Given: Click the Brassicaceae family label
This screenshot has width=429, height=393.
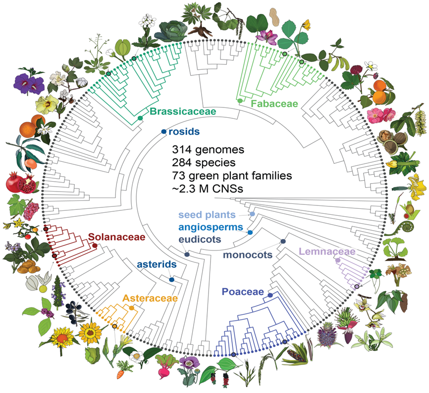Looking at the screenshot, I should [183, 112].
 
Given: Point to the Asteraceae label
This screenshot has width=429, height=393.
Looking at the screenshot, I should [147, 298].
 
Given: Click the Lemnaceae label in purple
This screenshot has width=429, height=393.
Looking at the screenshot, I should [327, 252].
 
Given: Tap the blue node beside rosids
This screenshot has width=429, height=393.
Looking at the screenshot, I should [164, 132].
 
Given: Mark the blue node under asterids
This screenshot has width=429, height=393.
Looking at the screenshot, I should [171, 280].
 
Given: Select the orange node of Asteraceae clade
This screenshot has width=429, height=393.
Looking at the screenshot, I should [131, 307].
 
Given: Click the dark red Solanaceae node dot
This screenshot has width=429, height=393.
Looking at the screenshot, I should [95, 245].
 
